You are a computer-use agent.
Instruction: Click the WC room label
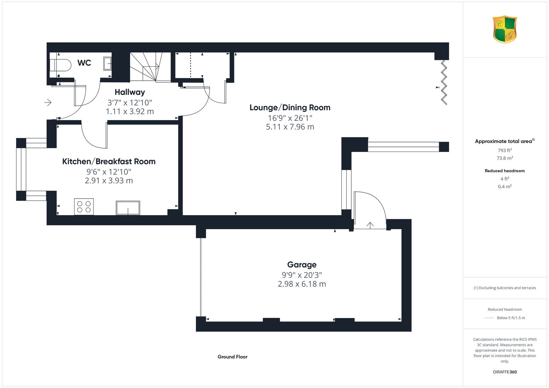point(84,63)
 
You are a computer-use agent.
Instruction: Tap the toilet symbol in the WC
point(60,65)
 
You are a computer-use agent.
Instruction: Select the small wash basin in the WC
point(107,63)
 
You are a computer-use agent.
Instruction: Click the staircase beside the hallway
point(150,67)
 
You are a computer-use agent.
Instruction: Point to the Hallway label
point(130,92)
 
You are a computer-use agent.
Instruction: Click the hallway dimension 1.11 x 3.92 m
point(130,111)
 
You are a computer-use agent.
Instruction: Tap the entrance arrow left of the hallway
point(48,102)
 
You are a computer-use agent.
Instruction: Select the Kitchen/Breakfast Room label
point(109,161)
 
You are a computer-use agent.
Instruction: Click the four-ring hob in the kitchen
point(84,207)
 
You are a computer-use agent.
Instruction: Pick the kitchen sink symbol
point(128,208)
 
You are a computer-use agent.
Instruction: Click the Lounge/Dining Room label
point(290,107)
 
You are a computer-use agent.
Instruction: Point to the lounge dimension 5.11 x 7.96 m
point(290,127)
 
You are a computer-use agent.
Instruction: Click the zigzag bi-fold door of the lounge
point(444,83)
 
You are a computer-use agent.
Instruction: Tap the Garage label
point(302,264)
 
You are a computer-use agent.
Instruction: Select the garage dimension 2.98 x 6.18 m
point(302,284)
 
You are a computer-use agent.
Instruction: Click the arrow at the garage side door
point(370,225)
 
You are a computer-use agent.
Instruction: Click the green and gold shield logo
point(505,30)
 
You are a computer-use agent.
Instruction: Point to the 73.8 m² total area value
point(505,158)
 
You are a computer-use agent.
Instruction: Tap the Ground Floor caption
point(233,357)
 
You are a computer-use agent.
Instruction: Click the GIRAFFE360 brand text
point(505,372)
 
